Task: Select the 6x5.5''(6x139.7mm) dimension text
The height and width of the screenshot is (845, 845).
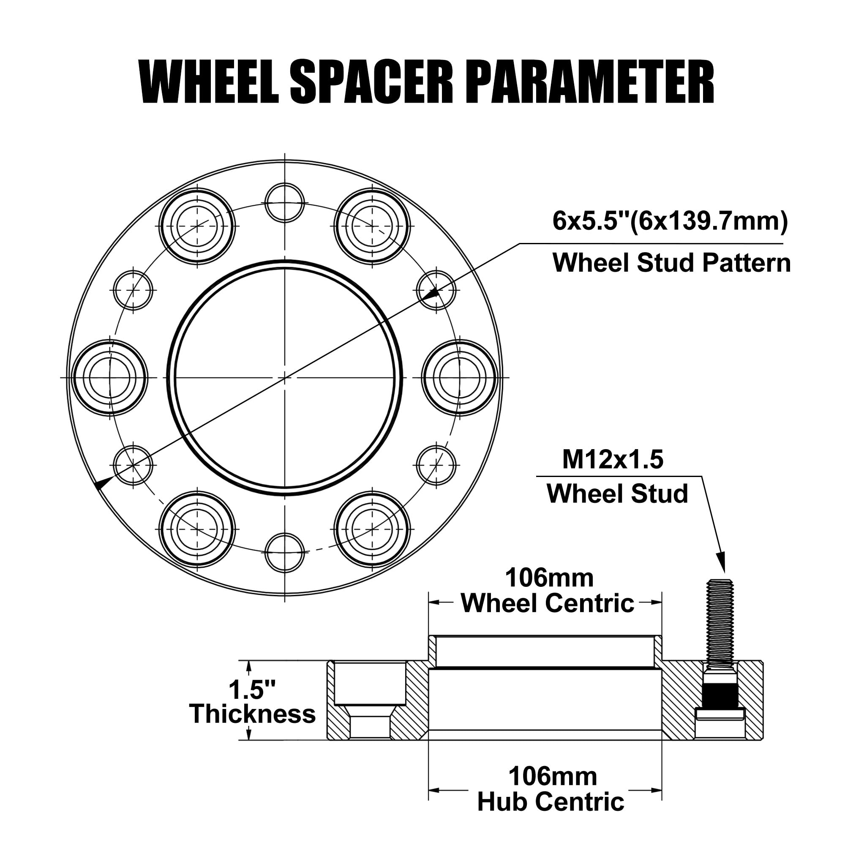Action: point(670,221)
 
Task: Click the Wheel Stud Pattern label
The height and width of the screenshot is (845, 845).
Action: point(671,263)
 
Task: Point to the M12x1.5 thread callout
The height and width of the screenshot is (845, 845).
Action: point(612,460)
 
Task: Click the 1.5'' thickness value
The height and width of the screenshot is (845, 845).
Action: point(252,690)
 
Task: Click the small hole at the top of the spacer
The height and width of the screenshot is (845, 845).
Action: point(285,203)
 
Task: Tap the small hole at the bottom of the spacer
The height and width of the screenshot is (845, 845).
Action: point(285,552)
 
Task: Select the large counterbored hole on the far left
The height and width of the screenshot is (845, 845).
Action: point(110,377)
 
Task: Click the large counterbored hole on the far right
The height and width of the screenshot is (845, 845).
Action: point(460,377)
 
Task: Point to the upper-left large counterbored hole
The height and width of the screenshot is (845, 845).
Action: point(197,226)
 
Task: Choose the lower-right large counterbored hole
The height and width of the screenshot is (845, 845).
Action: point(372,529)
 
